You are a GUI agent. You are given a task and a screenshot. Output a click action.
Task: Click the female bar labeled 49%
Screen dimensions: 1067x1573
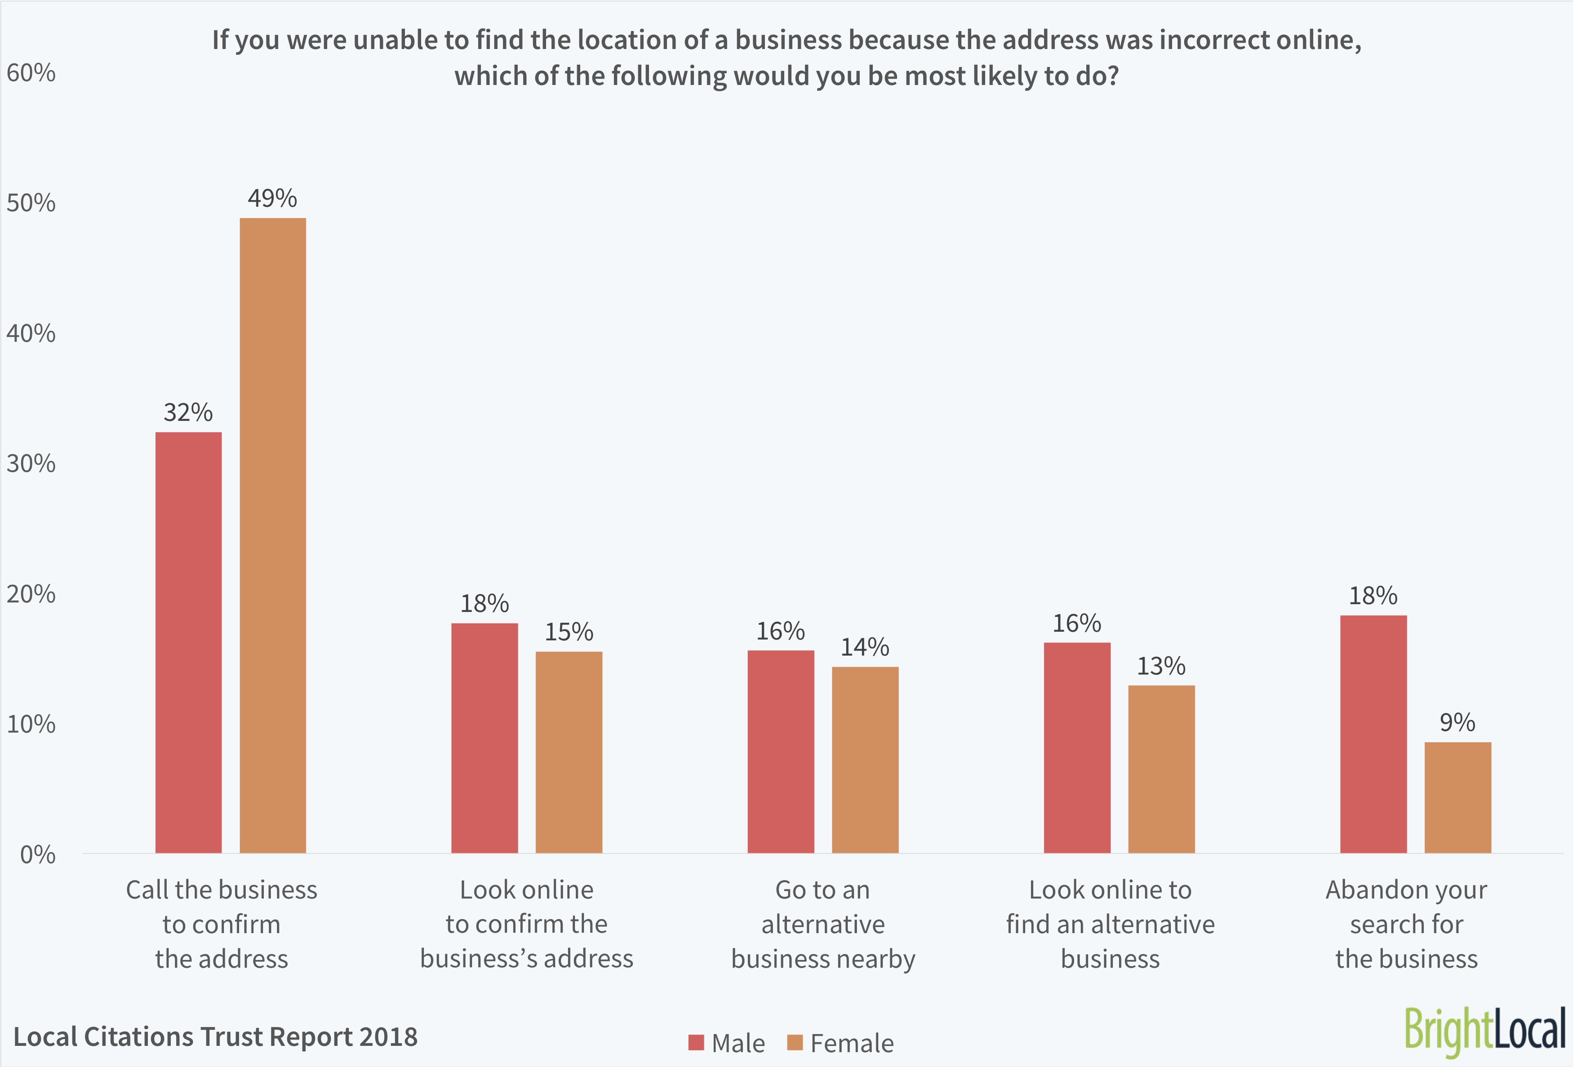[x=273, y=535]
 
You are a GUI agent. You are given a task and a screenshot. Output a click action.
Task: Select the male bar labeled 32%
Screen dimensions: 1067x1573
[x=188, y=642]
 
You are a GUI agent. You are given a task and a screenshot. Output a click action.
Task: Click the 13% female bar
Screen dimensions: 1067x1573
[x=1161, y=768]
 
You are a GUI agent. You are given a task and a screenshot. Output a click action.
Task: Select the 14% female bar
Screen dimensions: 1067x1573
[x=865, y=759]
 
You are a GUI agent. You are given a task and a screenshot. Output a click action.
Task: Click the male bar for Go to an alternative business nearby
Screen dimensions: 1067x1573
[x=780, y=751]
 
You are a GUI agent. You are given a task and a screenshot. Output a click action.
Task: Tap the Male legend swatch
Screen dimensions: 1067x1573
[x=696, y=1043]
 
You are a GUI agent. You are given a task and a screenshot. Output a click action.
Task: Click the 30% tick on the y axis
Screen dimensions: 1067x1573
[x=31, y=464]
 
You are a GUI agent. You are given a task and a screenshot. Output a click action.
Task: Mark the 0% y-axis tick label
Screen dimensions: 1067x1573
[x=37, y=854]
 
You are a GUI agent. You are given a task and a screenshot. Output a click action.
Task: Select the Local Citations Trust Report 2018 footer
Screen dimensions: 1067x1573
[x=215, y=1036]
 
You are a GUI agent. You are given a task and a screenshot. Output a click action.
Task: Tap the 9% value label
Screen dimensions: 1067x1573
[x=1457, y=723]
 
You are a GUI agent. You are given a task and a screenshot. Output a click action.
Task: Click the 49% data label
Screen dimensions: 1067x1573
[x=272, y=198]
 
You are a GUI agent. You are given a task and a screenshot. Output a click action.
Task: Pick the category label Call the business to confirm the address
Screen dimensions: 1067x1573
[x=221, y=924]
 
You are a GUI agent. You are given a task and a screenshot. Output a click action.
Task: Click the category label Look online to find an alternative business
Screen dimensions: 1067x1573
[x=1110, y=924]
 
